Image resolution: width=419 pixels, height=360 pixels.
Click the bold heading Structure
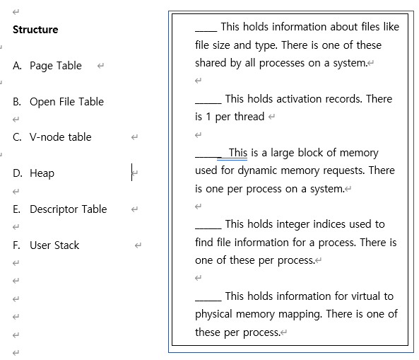tap(35, 30)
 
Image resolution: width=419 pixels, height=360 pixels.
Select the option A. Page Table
tap(47, 66)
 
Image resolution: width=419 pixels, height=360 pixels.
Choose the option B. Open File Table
tap(58, 102)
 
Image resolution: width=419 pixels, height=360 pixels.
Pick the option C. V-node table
tap(52, 137)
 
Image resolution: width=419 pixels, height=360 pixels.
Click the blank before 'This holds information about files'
tap(206, 28)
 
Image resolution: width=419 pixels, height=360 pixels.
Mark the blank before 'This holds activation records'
tap(208, 100)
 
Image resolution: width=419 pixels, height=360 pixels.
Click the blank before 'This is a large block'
tap(208, 153)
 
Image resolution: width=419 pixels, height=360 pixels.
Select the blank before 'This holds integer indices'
tap(208, 225)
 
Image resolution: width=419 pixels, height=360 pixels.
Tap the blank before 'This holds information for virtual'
tap(208, 297)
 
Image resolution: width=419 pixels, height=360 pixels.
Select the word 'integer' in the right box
tap(302, 224)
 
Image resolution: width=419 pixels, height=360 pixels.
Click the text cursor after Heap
tap(132, 173)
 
